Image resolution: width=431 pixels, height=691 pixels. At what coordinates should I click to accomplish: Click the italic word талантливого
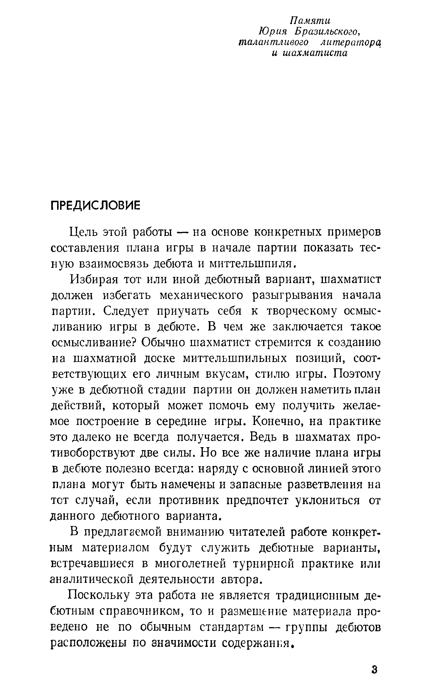click(x=273, y=42)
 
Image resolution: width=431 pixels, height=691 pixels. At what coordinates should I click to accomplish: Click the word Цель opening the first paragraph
click(x=84, y=233)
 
